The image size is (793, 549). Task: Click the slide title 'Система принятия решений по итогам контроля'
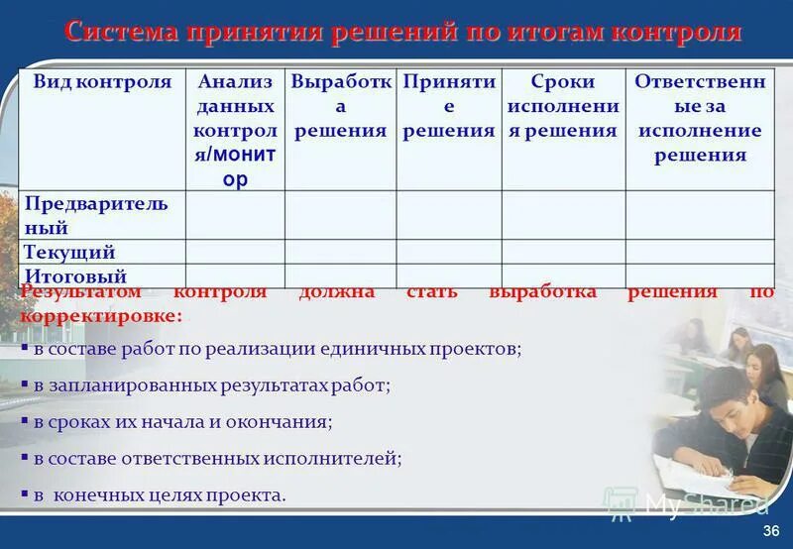coord(402,31)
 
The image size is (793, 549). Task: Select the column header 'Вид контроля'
coord(102,82)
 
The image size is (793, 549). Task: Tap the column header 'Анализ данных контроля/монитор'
coord(235,131)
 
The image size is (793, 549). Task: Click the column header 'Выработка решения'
coord(340,106)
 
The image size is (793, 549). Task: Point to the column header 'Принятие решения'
coord(449,106)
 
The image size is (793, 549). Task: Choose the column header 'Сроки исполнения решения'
coord(562,106)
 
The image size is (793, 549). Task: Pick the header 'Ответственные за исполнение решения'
coord(700,118)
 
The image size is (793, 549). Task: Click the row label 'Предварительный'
coord(96,215)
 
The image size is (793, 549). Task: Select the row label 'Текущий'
coord(69,252)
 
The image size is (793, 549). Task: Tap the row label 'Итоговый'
coord(75,276)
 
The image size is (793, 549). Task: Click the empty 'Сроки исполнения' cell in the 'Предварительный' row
coord(562,215)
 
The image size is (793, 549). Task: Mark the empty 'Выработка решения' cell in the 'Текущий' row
coord(340,252)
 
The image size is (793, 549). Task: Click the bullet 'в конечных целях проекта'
coord(159,494)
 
